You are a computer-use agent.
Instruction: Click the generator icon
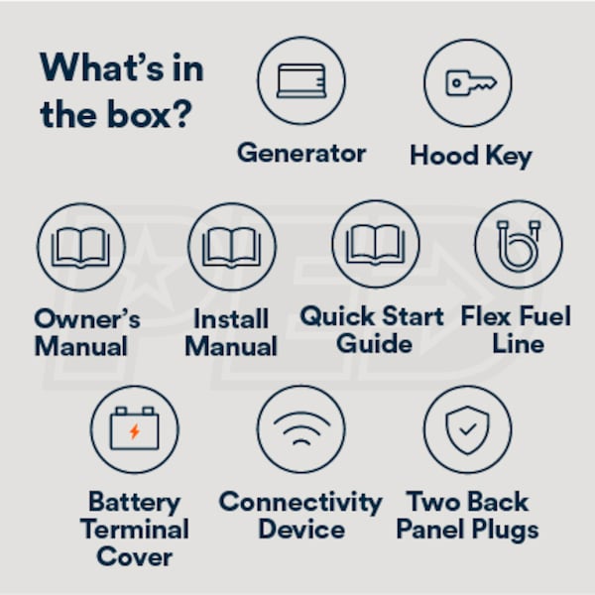(301, 81)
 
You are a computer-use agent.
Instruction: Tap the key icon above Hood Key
(470, 82)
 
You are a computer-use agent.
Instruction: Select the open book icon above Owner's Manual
(80, 247)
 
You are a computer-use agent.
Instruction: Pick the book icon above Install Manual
(231, 247)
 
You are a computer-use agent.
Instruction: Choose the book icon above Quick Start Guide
(375, 245)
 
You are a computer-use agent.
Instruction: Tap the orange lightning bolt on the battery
(134, 431)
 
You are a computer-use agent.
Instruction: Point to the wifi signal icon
(301, 428)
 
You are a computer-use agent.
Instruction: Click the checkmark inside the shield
(467, 429)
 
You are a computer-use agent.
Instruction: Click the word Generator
(301, 154)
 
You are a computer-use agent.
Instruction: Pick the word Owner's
(87, 318)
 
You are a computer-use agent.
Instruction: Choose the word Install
(231, 318)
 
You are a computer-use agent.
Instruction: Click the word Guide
(374, 344)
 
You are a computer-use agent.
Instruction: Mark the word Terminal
(134, 530)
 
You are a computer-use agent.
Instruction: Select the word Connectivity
(300, 503)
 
